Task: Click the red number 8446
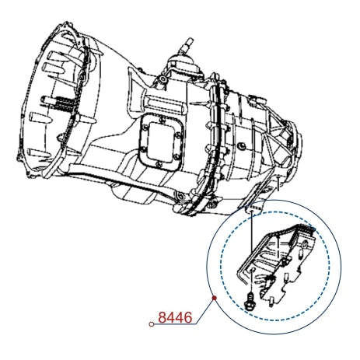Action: coord(175,317)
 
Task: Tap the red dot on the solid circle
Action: coord(215,298)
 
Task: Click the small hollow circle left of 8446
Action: coord(152,324)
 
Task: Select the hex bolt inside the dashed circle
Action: coord(250,301)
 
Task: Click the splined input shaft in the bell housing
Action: coord(60,103)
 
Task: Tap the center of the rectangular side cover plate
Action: coord(162,142)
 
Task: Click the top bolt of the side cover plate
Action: coord(162,120)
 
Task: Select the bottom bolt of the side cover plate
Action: coord(159,165)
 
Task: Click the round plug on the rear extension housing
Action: coord(242,146)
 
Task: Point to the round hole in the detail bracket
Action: coord(305,244)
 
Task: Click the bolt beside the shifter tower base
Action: coord(163,79)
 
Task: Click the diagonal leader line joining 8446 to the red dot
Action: coord(205,311)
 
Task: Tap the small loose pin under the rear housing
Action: coord(278,183)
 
